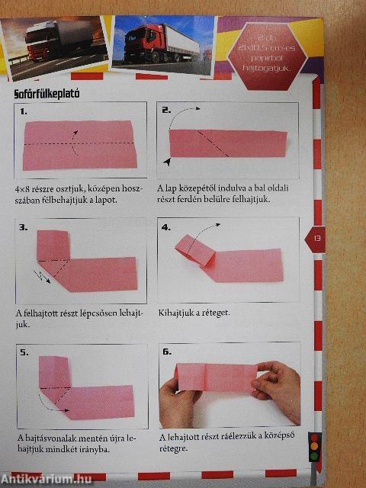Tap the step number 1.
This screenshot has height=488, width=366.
point(24,111)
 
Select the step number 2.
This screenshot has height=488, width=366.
point(165,111)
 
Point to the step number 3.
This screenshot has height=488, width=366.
point(24,226)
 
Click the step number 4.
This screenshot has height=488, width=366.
point(166,227)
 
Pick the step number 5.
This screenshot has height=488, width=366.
point(24,353)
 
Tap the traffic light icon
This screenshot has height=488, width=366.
point(313,445)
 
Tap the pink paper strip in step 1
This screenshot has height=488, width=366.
point(80,144)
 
